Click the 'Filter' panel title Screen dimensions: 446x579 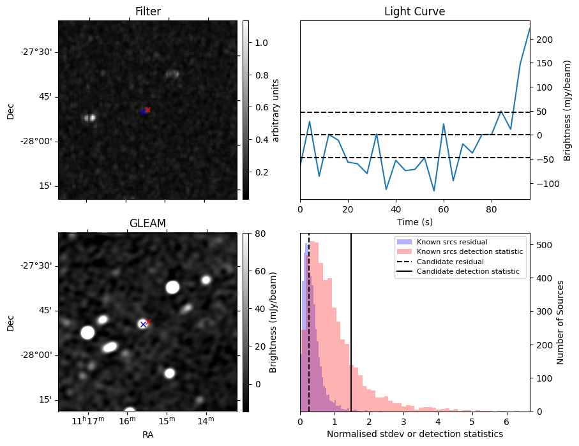(147, 11)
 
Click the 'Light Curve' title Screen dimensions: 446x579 (414, 11)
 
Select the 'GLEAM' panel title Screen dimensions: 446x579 (147, 223)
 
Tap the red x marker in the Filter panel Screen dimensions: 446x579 (147, 110)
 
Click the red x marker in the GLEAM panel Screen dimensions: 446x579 (148, 322)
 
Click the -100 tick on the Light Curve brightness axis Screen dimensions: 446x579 (546, 183)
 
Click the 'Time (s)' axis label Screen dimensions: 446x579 (414, 221)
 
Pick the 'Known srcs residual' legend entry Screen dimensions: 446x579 (451, 242)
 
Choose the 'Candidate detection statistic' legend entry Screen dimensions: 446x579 (467, 272)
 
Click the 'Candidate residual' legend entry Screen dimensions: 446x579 (451, 262)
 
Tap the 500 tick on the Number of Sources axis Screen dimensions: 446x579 (544, 245)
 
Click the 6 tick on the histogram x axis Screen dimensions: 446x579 (506, 422)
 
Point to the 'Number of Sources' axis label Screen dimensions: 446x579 (560, 322)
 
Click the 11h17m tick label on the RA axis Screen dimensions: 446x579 (88, 420)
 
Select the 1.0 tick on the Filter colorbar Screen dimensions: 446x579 (257, 43)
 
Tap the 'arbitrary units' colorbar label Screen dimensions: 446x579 (276, 110)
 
